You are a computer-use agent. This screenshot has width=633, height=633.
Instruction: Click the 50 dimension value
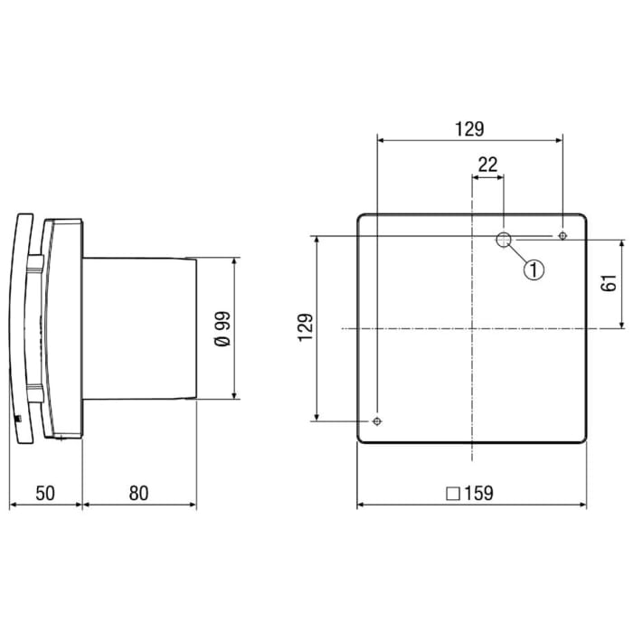(x=45, y=493)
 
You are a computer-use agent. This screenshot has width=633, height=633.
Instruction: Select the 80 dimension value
(x=137, y=493)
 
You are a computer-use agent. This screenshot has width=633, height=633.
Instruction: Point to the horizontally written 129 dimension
(x=469, y=129)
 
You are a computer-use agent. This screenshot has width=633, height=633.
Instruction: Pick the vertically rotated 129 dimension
(x=306, y=327)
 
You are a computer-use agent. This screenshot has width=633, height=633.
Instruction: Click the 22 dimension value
(x=487, y=164)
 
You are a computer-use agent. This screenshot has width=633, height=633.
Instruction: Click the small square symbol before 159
(x=452, y=495)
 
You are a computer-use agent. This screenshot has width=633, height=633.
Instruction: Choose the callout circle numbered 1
(x=534, y=269)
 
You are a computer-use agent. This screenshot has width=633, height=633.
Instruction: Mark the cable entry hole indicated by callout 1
(x=504, y=240)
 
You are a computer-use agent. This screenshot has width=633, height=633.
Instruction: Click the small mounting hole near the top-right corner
(x=563, y=236)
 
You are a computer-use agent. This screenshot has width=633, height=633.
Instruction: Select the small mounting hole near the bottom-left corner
(x=376, y=421)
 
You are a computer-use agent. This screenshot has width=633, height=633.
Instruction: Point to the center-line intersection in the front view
(x=472, y=328)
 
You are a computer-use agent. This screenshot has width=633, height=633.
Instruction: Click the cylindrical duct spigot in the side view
(x=140, y=328)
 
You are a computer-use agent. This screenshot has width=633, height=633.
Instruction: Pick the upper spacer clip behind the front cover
(x=34, y=263)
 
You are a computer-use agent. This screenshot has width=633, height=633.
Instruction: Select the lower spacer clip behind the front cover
(x=34, y=391)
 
